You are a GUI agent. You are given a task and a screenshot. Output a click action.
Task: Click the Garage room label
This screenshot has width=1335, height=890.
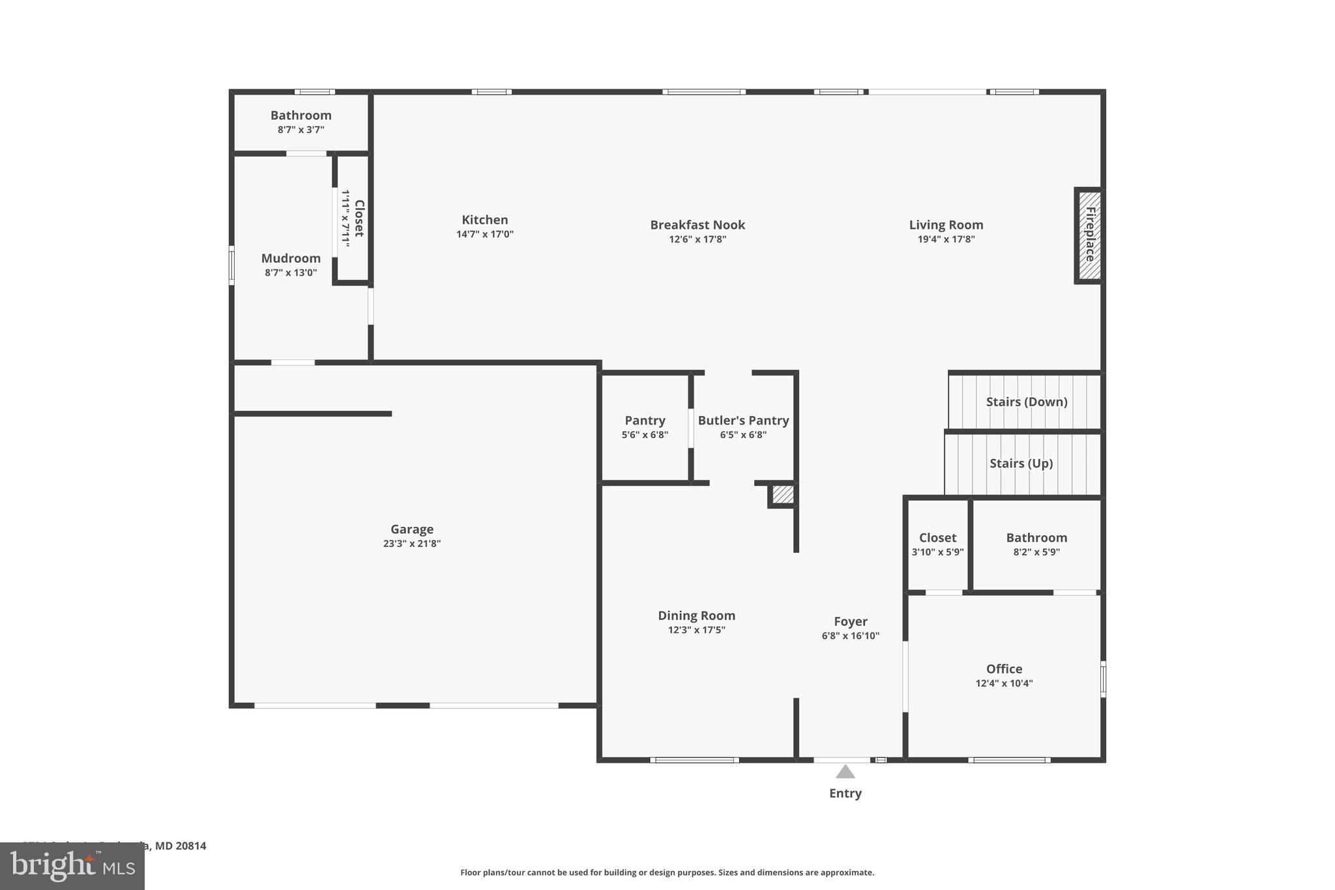[412, 529]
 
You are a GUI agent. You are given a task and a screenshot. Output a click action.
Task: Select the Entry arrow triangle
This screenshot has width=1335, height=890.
[845, 772]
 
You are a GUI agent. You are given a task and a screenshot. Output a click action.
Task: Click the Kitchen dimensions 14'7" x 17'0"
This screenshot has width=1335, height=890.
[485, 234]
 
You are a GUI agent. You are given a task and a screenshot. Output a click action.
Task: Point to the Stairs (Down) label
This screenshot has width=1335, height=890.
[1026, 402]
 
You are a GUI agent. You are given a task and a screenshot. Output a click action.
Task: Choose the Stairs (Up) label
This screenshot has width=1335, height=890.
[1021, 463]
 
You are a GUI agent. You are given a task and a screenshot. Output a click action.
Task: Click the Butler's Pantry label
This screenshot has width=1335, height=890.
[743, 421]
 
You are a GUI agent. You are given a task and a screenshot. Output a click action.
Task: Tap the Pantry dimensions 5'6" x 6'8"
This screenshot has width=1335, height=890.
[645, 435]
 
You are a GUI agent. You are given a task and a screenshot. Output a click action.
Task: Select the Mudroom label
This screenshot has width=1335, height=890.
[291, 258]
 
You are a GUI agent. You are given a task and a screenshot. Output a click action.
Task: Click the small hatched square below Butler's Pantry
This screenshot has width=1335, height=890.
[783, 494]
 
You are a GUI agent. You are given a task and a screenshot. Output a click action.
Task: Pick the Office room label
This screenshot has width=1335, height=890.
[1004, 669]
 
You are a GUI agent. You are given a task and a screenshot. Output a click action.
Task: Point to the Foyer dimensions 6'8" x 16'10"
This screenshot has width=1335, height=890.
[850, 636]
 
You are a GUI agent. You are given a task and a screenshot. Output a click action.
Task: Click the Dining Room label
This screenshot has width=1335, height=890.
[696, 616]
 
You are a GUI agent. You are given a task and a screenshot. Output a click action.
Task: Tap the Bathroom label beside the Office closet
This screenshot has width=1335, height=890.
[1036, 538]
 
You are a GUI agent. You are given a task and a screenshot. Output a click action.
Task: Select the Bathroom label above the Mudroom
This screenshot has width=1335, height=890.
[301, 115]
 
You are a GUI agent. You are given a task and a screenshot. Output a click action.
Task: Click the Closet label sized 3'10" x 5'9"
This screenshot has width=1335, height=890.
[937, 538]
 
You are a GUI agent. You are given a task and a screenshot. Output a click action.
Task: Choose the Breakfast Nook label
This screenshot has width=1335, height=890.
[697, 225]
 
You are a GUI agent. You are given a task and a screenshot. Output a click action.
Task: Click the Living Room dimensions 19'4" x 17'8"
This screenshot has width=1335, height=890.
[946, 239]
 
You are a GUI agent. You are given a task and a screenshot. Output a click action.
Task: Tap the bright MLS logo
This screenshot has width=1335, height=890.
[72, 866]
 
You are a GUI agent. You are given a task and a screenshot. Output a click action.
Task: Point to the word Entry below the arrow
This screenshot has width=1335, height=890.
[845, 794]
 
